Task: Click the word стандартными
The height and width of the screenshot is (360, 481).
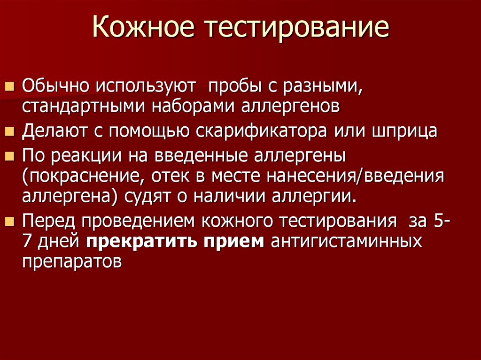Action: [85, 106]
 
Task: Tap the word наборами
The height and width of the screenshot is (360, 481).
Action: [196, 106]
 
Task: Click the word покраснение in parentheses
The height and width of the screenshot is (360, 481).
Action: [80, 176]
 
